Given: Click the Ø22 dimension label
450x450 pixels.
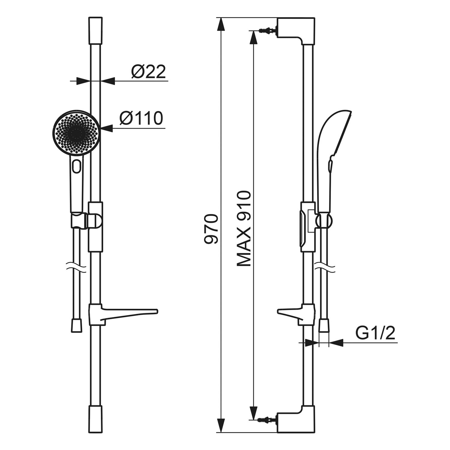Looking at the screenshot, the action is [148, 72].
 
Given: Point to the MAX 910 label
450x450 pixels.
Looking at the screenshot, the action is [243, 229].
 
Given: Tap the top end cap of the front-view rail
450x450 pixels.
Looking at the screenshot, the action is [95, 31].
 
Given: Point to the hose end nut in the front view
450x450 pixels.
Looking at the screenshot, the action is [77, 325].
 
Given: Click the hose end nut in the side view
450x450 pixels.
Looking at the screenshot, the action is [324, 325].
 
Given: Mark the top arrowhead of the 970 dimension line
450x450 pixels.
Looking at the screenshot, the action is [221, 24].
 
